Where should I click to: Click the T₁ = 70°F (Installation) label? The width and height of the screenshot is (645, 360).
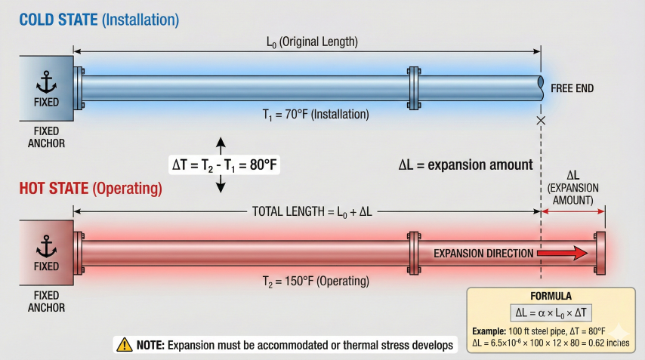pos(310,115)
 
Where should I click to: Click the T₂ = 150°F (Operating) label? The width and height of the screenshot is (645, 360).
pos(310,282)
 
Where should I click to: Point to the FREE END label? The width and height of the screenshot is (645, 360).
pos(572,88)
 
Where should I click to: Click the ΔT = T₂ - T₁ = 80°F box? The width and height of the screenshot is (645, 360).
pos(224,164)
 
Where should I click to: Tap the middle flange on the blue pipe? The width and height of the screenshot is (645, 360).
pos(412,86)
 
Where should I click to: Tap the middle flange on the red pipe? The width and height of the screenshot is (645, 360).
pos(412,253)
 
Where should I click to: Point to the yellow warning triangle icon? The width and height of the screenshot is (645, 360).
pos(123,345)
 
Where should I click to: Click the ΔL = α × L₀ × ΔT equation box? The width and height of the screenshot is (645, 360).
pos(551,312)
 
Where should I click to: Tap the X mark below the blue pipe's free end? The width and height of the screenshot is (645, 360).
pos(540,121)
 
